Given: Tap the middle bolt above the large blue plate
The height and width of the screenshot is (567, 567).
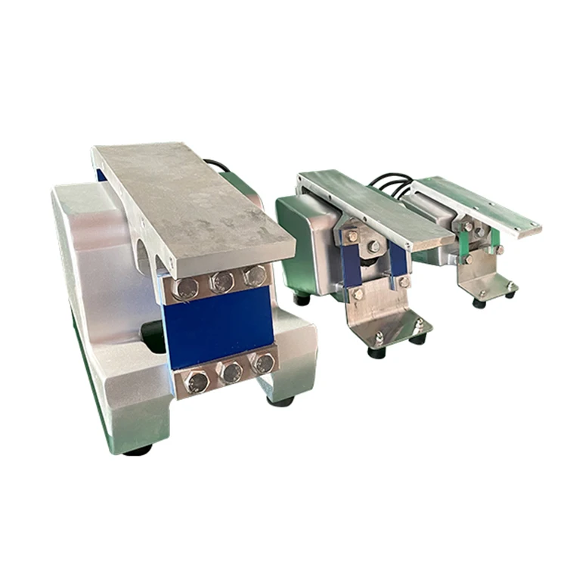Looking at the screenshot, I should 221,282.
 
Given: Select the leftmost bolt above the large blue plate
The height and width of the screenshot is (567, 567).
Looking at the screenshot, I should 185,288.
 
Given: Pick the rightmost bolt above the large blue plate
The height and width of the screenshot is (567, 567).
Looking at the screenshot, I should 255,275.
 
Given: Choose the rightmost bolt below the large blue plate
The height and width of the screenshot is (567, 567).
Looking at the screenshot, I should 263,363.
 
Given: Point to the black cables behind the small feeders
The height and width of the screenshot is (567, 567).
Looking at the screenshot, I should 392,184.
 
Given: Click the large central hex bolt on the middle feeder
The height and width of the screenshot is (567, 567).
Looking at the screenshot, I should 374,246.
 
